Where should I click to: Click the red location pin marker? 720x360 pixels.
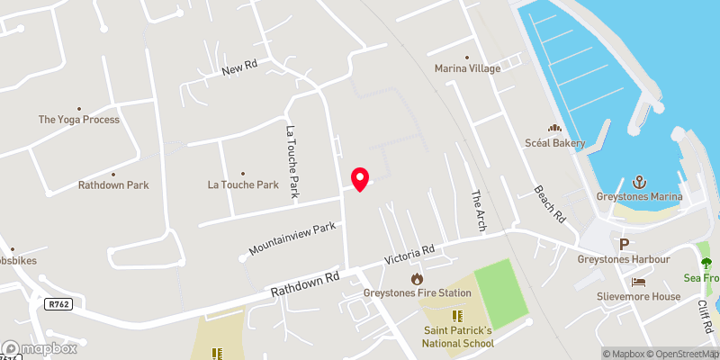point(360,178)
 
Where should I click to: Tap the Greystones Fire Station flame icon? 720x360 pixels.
point(416,279)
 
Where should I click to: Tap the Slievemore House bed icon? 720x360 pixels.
point(638,282)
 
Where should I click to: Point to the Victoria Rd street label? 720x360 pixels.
point(409,255)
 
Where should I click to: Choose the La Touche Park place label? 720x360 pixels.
point(243,185)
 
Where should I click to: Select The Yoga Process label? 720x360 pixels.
point(78,120)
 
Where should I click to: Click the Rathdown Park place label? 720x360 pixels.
point(112,185)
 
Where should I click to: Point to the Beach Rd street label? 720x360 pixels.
point(548,204)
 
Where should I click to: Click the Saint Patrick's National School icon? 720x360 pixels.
point(455,316)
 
